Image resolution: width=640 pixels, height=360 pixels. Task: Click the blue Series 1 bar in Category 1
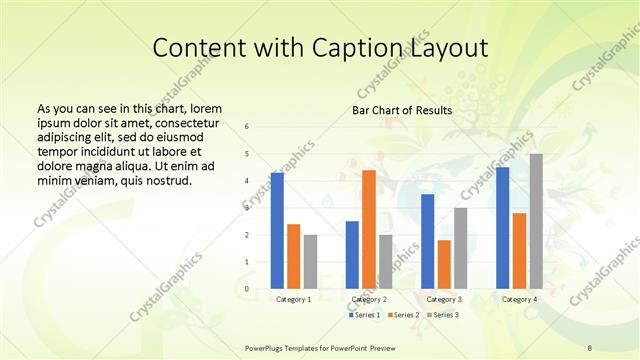tap(277, 231)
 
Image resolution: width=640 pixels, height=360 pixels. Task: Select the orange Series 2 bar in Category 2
tap(369, 230)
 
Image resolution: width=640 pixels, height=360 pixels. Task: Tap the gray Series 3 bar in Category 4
tap(536, 221)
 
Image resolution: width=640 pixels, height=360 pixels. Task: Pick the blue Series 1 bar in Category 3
tap(428, 241)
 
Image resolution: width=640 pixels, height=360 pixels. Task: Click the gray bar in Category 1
tap(311, 262)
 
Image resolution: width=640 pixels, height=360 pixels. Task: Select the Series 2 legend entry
tap(404, 316)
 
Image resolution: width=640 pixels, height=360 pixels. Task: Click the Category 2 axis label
tap(369, 299)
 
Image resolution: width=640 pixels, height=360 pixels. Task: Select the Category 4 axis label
tap(519, 299)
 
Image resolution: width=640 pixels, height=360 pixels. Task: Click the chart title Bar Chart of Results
tap(402, 110)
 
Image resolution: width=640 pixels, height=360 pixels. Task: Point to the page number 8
tap(590, 347)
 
